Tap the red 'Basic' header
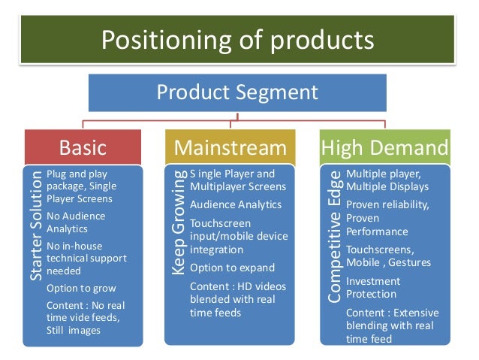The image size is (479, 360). point(83,147)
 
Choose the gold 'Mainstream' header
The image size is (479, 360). point(230,147)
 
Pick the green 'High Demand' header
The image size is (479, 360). point(385,147)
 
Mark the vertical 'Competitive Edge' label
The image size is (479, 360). point(334,237)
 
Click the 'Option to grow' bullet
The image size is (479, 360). point(81,288)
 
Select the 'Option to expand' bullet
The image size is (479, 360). point(232,268)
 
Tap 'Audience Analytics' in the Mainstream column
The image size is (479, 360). point(236,204)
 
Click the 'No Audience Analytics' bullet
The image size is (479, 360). point(76,222)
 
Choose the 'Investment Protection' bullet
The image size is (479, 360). point(373,287)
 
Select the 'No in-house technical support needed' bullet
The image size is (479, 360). point(86,258)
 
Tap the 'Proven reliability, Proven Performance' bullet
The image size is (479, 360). point(387,218)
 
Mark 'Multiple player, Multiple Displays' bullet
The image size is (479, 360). point(387,180)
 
